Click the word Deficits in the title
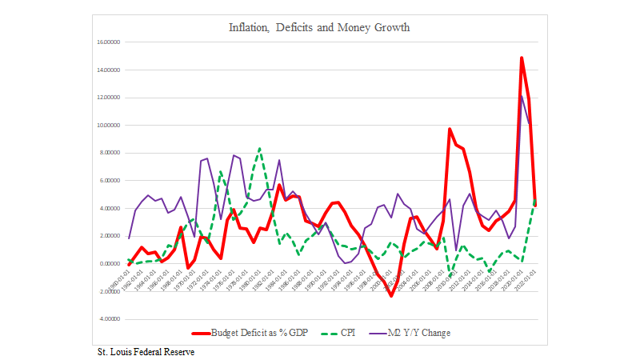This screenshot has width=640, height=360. pyautogui.click(x=295, y=28)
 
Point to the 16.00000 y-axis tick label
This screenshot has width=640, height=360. pyautogui.click(x=107, y=42)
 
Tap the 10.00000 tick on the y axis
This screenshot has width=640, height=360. pyautogui.click(x=107, y=125)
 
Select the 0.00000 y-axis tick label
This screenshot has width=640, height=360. pyautogui.click(x=109, y=263)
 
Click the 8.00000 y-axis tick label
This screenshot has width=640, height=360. pyautogui.click(x=109, y=153)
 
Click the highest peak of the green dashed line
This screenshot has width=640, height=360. pyautogui.click(x=259, y=148)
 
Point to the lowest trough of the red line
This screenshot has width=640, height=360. pyautogui.click(x=391, y=295)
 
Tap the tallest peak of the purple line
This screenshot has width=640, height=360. pyautogui.click(x=522, y=96)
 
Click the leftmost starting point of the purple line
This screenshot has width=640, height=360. pyautogui.click(x=129, y=238)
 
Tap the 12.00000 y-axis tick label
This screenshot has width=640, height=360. pyautogui.click(x=107, y=97)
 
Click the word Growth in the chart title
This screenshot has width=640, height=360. pyautogui.click(x=390, y=28)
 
